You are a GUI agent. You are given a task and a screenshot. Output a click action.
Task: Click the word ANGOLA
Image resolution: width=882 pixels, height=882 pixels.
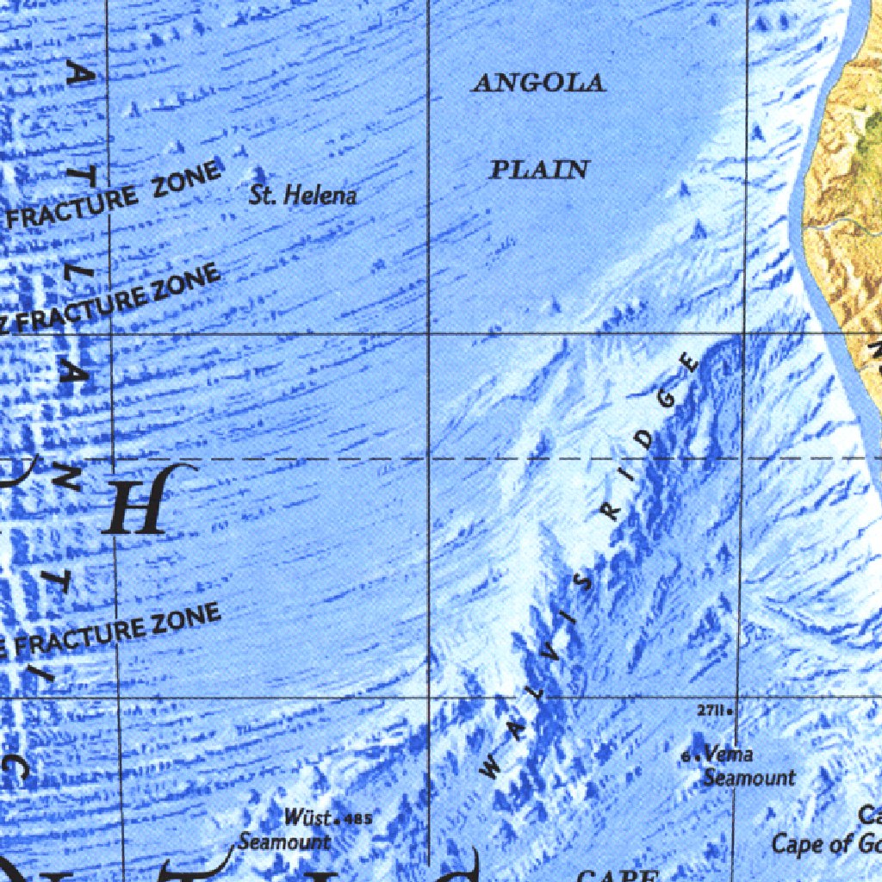pyautogui.click(x=539, y=83)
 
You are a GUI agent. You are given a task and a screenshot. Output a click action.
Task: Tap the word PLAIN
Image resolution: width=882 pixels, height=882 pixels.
pyautogui.click(x=539, y=170)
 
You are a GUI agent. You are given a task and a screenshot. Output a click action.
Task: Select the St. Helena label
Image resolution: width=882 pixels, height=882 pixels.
pyautogui.click(x=302, y=196)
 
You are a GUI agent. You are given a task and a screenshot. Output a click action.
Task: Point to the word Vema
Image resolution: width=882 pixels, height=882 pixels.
pyautogui.click(x=728, y=755)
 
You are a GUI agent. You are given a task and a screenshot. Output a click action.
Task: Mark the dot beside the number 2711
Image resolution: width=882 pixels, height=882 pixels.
pyautogui.click(x=730, y=712)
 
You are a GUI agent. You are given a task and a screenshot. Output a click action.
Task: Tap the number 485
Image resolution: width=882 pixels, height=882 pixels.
pyautogui.click(x=358, y=817)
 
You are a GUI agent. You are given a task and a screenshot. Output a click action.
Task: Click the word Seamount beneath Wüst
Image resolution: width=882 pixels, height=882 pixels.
pyautogui.click(x=284, y=841)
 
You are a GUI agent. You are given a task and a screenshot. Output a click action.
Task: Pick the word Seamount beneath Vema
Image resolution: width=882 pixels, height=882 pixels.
pyautogui.click(x=748, y=777)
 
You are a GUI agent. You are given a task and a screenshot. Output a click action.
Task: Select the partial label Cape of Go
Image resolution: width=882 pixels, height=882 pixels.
pyautogui.click(x=825, y=843)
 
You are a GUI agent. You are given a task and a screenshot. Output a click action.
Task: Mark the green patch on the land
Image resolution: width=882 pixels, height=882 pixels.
pyautogui.click(x=873, y=129)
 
